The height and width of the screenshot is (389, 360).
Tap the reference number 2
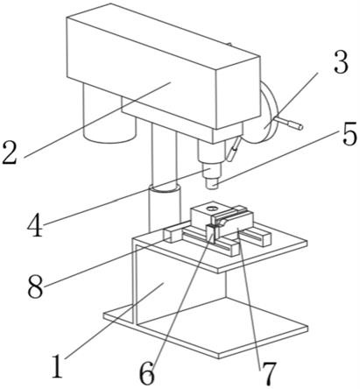[10, 152]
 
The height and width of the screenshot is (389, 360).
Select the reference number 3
[341, 62]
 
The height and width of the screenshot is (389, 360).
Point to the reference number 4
[35, 224]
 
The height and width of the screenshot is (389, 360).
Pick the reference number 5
[349, 134]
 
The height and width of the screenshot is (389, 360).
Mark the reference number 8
[35, 287]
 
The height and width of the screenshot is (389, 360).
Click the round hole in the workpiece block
[212, 209]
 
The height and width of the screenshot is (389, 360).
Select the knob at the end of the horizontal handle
[295, 125]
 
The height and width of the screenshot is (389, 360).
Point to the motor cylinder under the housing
[109, 114]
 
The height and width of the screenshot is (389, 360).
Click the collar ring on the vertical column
[164, 188]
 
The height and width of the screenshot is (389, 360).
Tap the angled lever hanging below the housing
[233, 149]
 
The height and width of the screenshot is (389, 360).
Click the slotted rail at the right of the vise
[256, 236]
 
